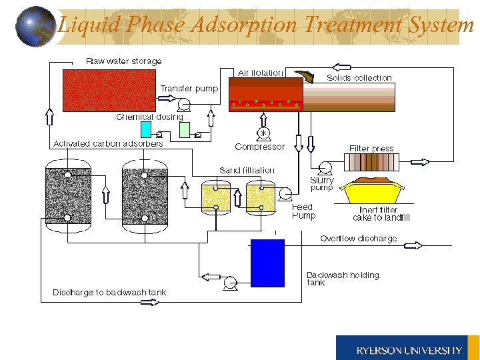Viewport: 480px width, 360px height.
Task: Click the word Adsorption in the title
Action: [245, 25]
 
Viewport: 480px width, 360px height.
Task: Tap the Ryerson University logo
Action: [407, 349]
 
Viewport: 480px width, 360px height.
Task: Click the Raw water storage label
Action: [124, 61]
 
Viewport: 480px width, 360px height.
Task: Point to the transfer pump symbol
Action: [182, 103]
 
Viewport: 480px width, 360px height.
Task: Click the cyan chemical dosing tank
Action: [146, 129]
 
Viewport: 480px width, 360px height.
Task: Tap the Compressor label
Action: [259, 147]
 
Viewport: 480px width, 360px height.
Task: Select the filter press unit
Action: [371, 163]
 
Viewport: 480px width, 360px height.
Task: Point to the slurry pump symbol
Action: [325, 168]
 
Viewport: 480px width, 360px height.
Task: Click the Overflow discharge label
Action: [358, 239]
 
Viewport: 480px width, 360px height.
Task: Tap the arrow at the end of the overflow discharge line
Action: [413, 245]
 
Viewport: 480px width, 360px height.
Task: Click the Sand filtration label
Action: [247, 171]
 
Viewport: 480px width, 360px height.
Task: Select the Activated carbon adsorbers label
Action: [108, 144]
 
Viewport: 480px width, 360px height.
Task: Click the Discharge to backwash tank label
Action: [109, 292]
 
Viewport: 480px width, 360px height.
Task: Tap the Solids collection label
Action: [359, 78]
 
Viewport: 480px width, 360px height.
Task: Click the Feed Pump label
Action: [303, 211]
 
